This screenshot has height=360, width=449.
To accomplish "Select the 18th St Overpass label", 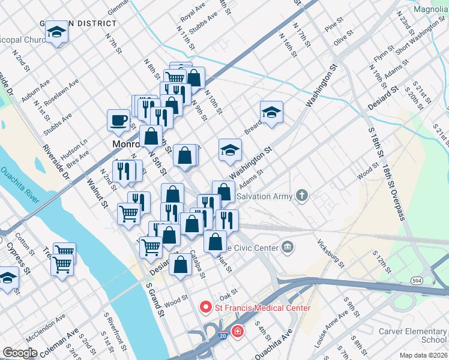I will pos(394,193).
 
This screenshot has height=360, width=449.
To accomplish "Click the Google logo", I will pos(20,353).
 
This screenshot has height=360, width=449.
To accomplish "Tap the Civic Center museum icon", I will pos(288,247).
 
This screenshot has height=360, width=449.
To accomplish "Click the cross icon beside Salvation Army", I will pos(302,196).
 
